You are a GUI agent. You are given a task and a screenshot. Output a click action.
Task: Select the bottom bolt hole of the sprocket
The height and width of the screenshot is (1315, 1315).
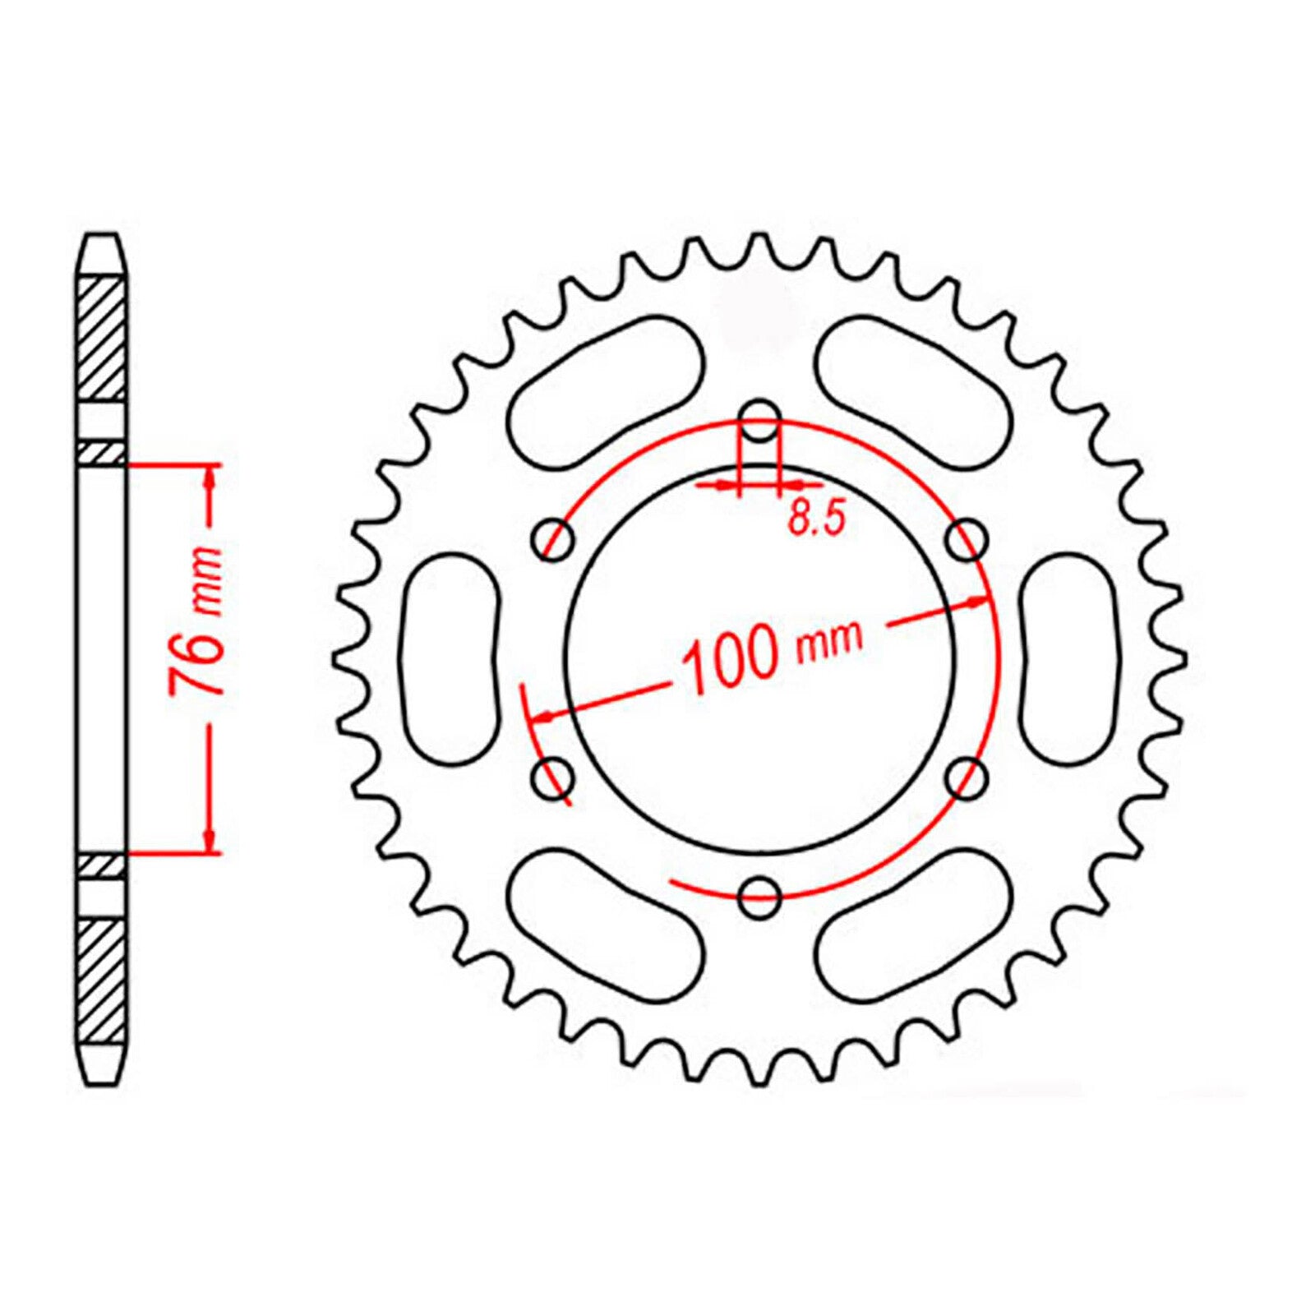(759, 897)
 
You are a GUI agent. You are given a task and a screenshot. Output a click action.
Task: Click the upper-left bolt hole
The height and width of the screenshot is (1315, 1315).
(553, 539)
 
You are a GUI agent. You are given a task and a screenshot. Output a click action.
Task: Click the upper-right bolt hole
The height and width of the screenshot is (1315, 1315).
(966, 539)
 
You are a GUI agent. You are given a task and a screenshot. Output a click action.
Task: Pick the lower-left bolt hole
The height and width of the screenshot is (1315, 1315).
(553, 777)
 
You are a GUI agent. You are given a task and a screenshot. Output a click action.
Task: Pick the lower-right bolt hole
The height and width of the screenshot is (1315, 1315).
(966, 777)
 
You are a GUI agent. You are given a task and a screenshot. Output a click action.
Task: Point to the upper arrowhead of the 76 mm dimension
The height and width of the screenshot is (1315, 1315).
(210, 481)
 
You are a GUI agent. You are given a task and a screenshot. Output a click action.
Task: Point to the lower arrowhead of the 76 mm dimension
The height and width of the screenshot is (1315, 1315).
(210, 838)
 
